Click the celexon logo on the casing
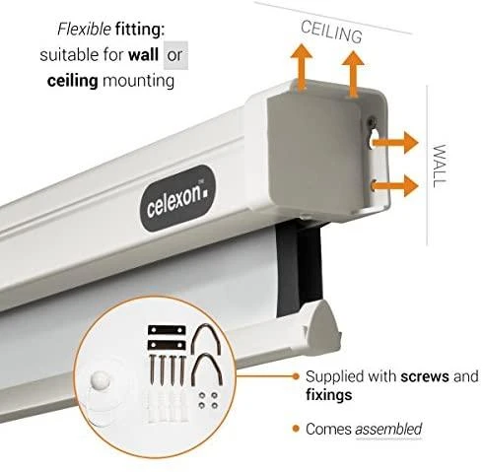click(x=178, y=198)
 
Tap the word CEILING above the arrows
click(x=331, y=32)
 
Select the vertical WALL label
click(x=440, y=166)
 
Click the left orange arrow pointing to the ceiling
click(x=302, y=67)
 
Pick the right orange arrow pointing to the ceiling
click(x=353, y=74)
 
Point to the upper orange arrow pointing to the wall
click(x=395, y=143)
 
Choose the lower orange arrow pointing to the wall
click(x=395, y=186)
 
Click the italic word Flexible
click(x=84, y=30)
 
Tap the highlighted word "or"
click(x=174, y=55)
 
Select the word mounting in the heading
click(x=138, y=81)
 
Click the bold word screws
click(x=425, y=376)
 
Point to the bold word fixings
click(x=329, y=395)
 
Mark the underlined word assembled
click(x=388, y=429)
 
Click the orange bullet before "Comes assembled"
click(x=297, y=429)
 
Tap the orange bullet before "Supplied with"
click(x=297, y=376)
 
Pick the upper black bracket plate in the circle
click(x=167, y=330)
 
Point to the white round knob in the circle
click(x=100, y=381)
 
